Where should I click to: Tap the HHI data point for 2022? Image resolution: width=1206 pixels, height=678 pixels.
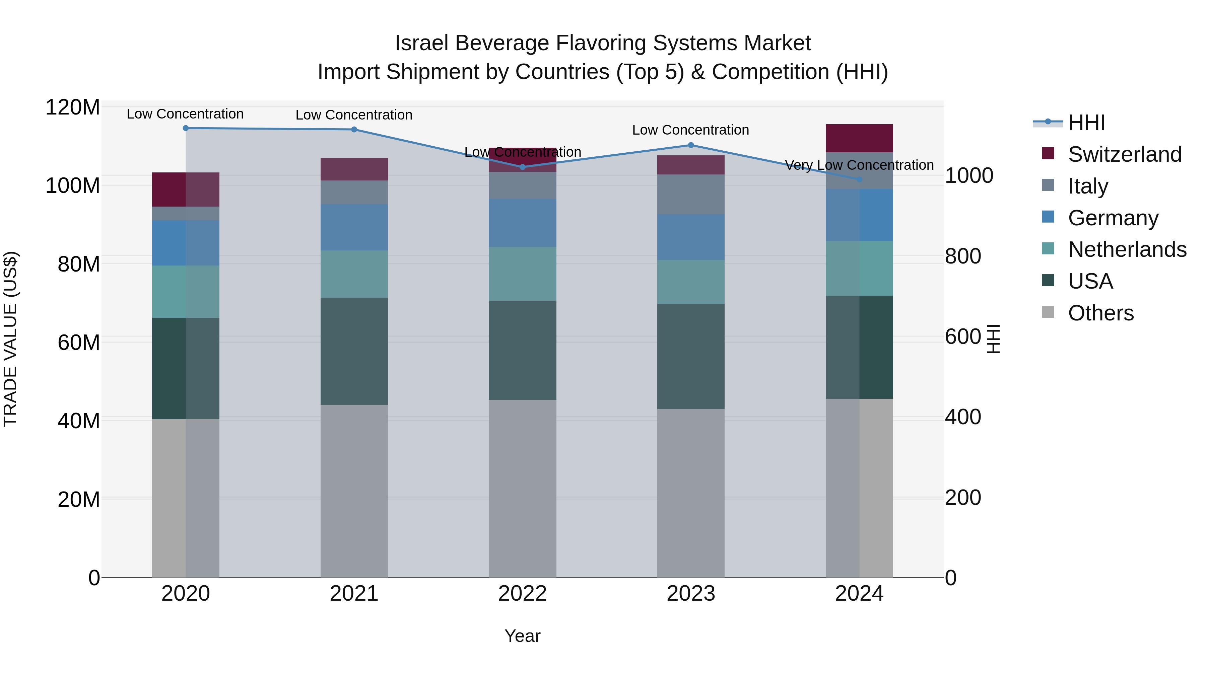click(523, 167)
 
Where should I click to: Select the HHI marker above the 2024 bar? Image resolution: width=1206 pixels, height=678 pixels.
click(859, 179)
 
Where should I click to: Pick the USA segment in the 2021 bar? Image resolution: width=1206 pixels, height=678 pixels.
click(354, 351)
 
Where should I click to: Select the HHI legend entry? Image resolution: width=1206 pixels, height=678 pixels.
click(1086, 123)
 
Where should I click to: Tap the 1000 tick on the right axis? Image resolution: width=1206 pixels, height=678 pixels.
click(968, 176)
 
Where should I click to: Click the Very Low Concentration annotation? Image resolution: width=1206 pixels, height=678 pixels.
click(859, 165)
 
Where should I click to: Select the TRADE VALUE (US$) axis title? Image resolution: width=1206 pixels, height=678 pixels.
click(10, 339)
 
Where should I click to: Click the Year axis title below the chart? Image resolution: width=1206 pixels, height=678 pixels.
click(523, 636)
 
